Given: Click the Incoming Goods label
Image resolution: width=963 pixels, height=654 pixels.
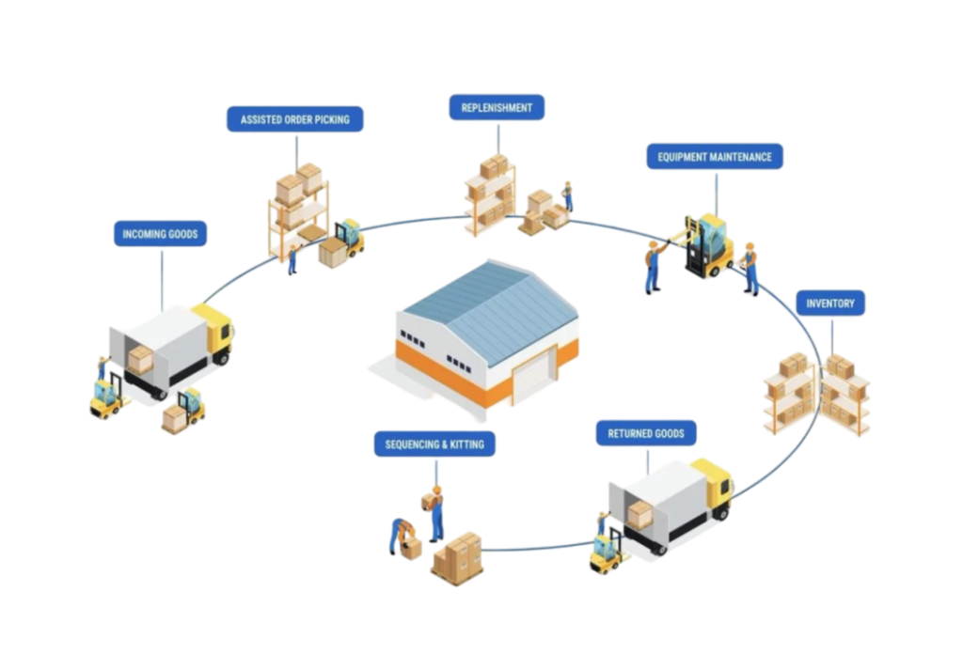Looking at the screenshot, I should (160, 233).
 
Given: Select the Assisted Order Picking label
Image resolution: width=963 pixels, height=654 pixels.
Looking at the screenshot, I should (294, 119).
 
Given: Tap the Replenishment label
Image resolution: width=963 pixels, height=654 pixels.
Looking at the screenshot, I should (497, 107).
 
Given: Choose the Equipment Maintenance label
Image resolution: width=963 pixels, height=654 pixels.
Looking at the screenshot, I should (715, 156).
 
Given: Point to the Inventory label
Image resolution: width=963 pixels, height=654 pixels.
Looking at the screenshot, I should (830, 304).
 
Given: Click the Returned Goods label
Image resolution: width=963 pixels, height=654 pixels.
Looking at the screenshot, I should (646, 433).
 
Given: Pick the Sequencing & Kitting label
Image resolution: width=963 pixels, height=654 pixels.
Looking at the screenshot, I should (434, 444).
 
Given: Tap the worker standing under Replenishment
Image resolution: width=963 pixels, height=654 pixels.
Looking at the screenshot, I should (567, 196).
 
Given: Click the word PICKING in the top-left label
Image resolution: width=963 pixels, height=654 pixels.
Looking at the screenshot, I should (334, 119).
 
